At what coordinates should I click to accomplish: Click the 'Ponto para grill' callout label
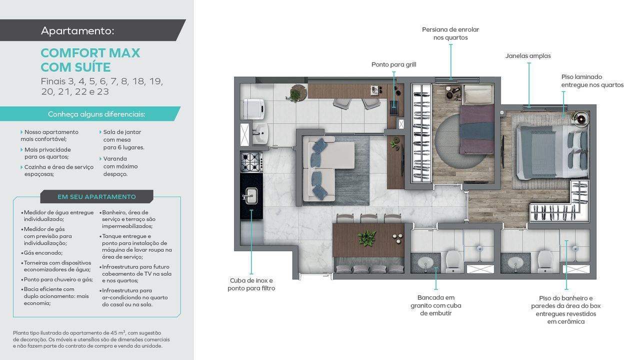tap(393, 64)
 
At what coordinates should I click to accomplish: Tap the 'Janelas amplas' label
tap(528, 56)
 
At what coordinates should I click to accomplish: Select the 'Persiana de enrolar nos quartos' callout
tap(450, 33)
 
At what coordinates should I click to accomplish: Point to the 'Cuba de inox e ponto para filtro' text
tap(251, 284)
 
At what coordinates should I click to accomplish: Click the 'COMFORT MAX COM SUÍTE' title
tap(90, 60)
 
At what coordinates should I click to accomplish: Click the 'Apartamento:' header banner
tap(93, 30)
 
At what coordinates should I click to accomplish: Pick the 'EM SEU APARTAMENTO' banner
tap(96, 197)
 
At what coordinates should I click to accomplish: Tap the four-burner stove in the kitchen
tap(251, 162)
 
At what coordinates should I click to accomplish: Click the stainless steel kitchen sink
tap(250, 195)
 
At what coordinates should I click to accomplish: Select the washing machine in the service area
tap(253, 109)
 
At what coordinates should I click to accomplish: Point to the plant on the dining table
tap(367, 238)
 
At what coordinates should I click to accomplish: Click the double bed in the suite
tap(552, 151)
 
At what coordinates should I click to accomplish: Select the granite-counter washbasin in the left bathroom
tap(425, 262)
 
